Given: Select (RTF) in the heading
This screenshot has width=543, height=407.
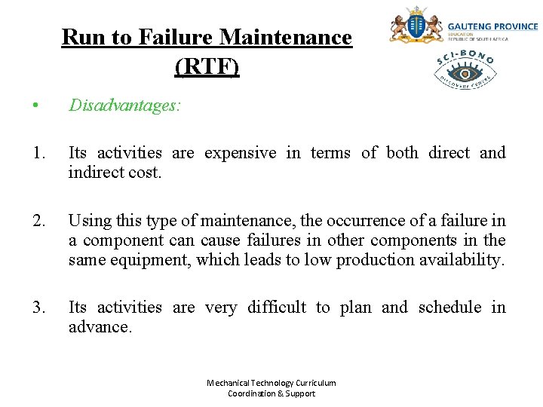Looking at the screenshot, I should [207, 67].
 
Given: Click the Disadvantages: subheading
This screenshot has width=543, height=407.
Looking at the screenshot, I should [124, 106].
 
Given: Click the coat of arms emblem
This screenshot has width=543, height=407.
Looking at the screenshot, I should [415, 26].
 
